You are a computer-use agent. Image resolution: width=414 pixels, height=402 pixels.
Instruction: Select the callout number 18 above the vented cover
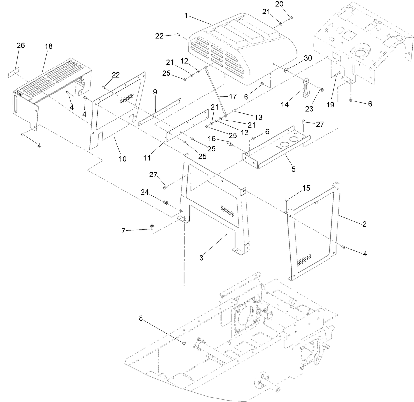(x=48, y=46)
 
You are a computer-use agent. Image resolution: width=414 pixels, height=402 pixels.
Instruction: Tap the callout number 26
(x=21, y=45)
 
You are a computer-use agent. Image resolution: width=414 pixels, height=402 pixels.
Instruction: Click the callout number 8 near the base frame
(x=141, y=318)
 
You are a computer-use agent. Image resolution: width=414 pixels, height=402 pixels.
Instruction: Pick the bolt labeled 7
(x=152, y=227)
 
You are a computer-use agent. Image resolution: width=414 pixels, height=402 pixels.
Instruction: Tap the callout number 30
(x=307, y=58)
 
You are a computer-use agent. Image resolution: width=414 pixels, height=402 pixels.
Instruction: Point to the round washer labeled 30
(x=285, y=70)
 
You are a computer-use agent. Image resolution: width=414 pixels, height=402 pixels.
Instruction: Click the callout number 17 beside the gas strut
(x=233, y=97)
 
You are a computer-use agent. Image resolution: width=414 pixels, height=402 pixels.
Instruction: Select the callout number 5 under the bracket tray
(x=293, y=169)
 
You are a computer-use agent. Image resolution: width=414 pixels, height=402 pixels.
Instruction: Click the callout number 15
(x=306, y=188)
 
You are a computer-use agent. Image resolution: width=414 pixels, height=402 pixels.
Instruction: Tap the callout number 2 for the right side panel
(x=364, y=224)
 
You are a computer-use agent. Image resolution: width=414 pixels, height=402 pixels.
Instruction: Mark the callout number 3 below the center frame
(x=201, y=258)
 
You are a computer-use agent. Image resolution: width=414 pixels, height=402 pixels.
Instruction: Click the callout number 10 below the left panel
(x=122, y=159)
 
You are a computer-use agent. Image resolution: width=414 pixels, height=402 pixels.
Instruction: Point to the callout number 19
(x=330, y=105)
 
